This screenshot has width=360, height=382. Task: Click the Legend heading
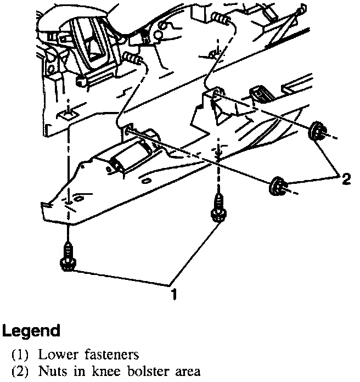pos(31,330)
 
